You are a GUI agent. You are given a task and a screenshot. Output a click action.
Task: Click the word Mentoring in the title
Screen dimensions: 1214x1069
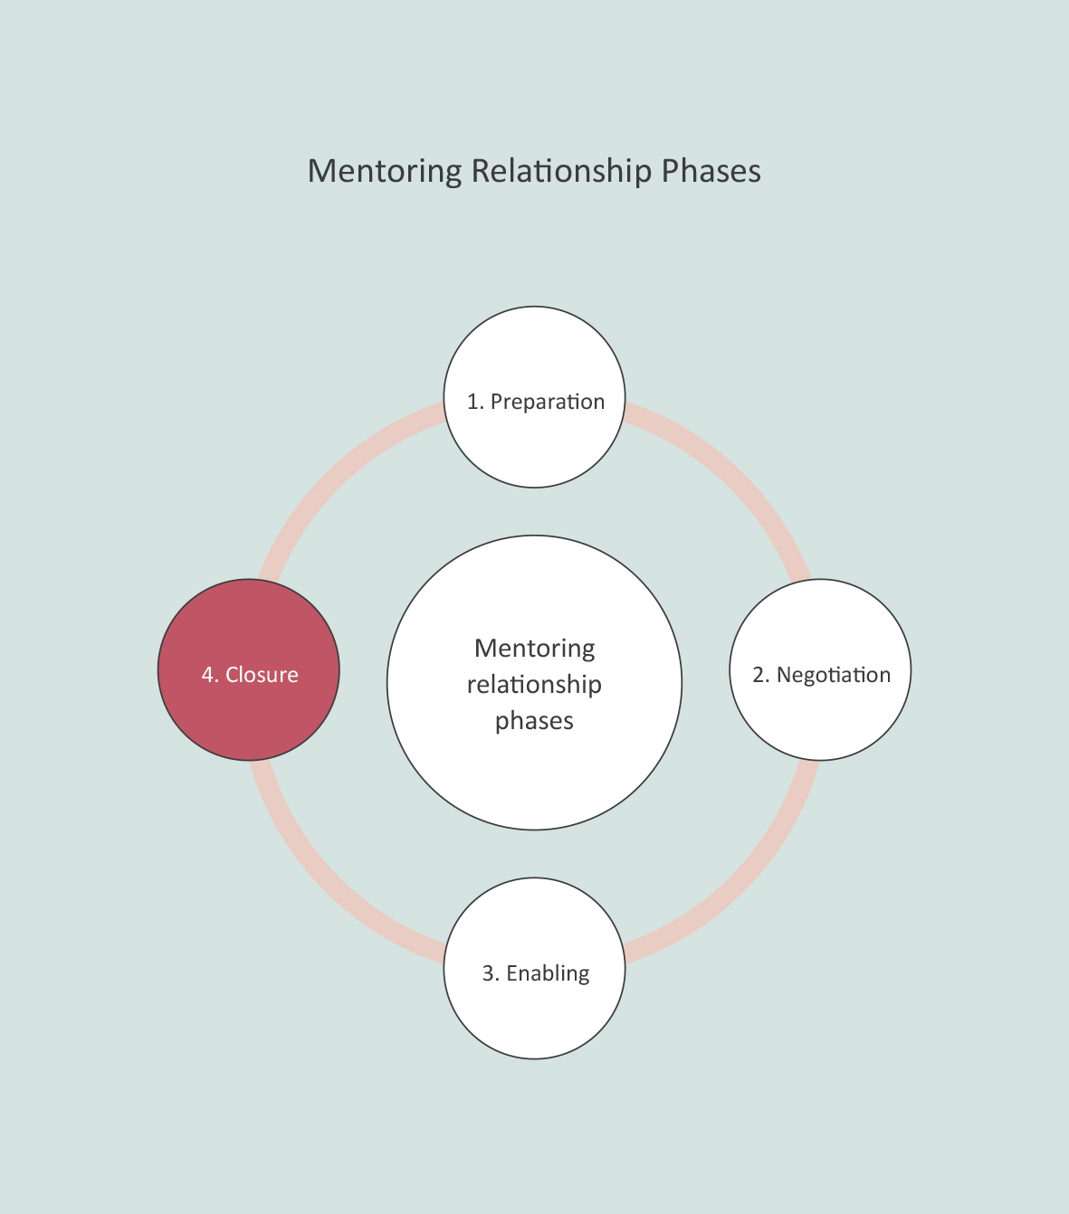click(385, 171)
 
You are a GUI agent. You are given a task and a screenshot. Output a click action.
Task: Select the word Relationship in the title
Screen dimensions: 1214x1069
click(561, 171)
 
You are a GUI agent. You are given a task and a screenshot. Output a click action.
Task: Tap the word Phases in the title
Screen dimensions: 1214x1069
click(711, 171)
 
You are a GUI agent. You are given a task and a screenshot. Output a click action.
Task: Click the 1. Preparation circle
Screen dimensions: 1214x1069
click(534, 443)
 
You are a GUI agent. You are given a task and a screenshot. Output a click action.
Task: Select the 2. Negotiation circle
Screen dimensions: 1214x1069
click(820, 715)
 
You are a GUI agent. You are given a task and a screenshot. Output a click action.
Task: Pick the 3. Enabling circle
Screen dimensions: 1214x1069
click(534, 1013)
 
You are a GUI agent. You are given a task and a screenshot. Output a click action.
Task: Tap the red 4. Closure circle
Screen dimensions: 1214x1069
click(249, 715)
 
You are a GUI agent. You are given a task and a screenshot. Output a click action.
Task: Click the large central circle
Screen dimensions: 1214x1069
click(534, 778)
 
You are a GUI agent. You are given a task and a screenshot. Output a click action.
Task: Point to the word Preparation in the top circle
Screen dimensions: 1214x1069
click(548, 402)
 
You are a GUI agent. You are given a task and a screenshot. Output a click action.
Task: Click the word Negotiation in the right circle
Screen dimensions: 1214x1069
click(834, 675)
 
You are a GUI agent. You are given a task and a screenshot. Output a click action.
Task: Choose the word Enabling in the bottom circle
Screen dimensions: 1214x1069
click(548, 973)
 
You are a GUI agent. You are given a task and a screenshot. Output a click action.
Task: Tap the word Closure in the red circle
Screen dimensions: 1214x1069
click(262, 675)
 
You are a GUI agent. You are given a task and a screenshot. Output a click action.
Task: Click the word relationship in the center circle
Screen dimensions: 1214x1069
click(534, 685)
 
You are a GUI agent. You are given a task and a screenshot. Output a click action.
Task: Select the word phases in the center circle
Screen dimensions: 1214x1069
click(534, 721)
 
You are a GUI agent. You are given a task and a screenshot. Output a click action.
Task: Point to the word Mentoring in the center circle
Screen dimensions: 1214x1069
click(534, 649)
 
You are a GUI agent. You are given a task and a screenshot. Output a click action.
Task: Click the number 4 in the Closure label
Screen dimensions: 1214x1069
click(207, 675)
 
